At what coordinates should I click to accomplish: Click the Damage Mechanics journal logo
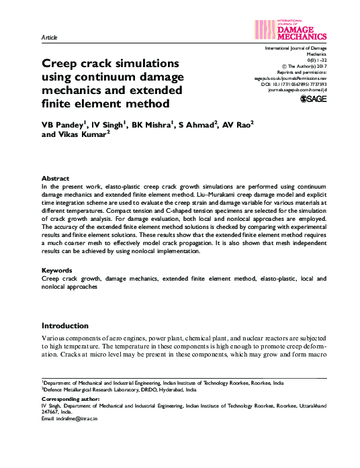point(291,30)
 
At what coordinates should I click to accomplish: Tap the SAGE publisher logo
point(312,99)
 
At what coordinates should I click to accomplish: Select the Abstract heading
point(56,179)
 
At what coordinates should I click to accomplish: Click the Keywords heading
point(58,270)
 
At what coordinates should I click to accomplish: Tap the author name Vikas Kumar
point(83,135)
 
